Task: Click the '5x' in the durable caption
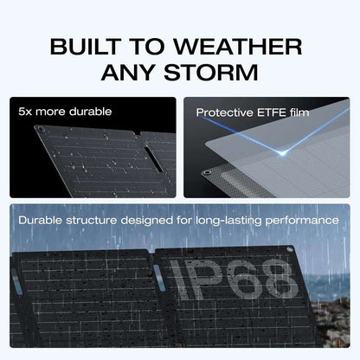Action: click(26, 112)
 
